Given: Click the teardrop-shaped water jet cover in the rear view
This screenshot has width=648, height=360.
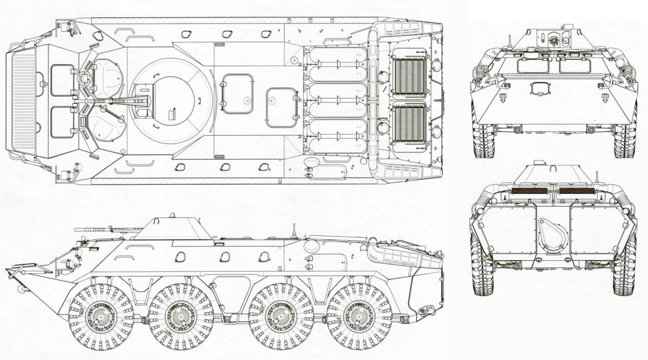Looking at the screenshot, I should point(553,234).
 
